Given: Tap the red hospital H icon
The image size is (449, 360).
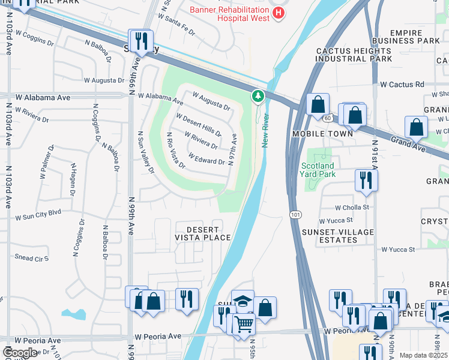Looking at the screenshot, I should point(277,13).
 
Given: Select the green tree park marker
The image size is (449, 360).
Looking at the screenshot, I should point(258,95).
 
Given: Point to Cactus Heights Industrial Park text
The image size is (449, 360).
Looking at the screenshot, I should point(354,55).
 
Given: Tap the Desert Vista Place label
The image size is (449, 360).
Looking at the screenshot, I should point(202,234).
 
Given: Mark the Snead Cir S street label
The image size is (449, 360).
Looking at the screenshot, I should point(31,258).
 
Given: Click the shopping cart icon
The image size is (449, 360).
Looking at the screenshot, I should point(243,324).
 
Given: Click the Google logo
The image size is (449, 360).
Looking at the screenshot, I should point(20,353).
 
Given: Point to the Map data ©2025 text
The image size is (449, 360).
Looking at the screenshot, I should point(423,355).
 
